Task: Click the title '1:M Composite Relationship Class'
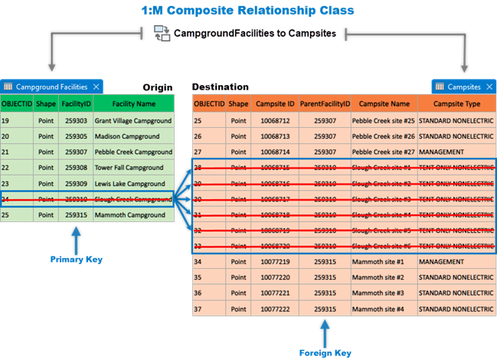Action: [247, 11]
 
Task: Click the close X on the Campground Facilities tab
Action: [96, 87]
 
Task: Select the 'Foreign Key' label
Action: [325, 352]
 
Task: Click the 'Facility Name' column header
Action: [134, 103]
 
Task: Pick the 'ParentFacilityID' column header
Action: [325, 103]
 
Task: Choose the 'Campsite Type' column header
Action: [456, 103]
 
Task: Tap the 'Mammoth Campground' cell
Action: [129, 215]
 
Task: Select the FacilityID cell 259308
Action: [74, 168]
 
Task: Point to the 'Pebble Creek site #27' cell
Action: [383, 152]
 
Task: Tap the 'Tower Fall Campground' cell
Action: [129, 168]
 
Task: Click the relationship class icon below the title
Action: [162, 33]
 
